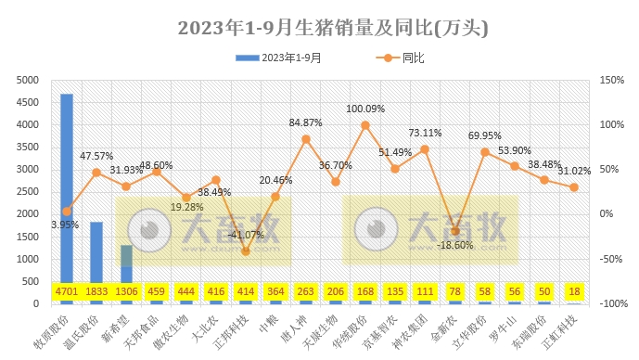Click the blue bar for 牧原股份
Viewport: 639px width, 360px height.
coord(67,186)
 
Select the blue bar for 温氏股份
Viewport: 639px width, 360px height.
coord(96,251)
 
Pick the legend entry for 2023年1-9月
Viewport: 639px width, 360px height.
coord(278,58)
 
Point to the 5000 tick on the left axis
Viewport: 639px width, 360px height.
coord(28,80)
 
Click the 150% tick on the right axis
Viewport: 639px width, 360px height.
coord(612,80)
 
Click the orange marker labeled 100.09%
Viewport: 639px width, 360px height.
coord(365,124)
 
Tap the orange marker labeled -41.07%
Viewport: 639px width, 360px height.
coord(246,251)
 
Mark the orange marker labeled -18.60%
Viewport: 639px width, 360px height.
coord(454,231)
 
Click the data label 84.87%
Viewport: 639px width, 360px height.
coord(306,122)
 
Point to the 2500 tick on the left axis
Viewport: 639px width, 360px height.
coord(28,192)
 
